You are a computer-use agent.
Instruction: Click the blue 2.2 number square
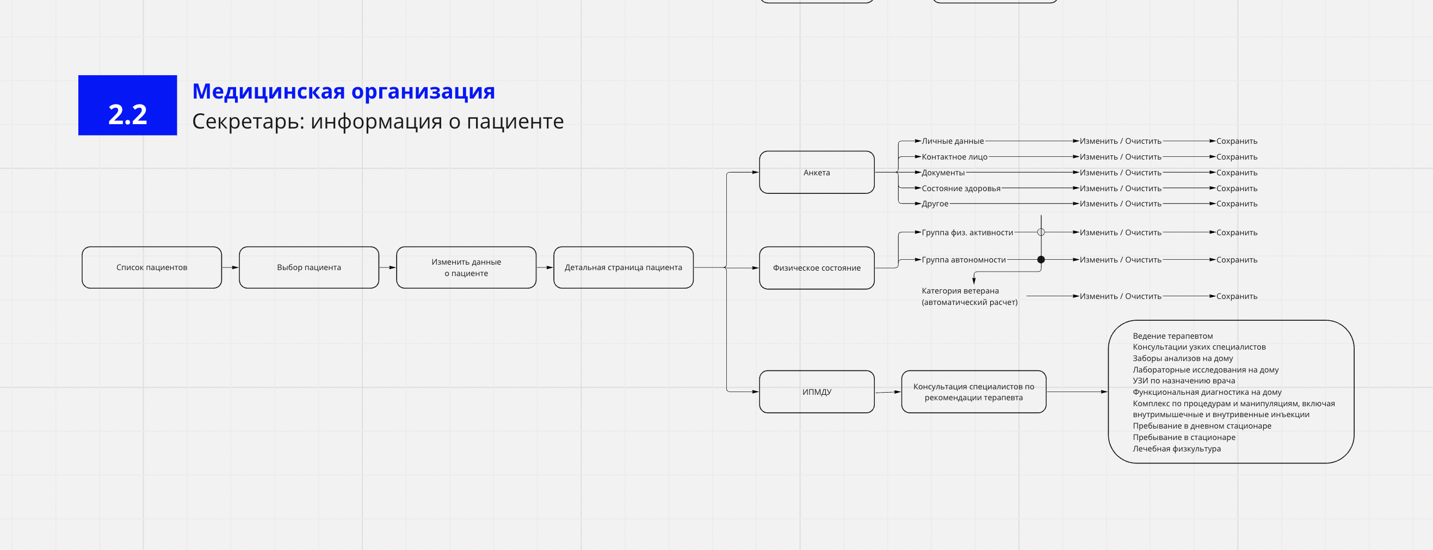[x=127, y=105]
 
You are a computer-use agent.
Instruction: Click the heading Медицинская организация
[x=343, y=91]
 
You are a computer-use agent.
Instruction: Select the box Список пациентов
[x=152, y=268]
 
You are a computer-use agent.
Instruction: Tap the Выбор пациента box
[x=308, y=268]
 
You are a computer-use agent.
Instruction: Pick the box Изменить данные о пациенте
[x=466, y=268]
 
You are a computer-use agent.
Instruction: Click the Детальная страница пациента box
[x=623, y=268]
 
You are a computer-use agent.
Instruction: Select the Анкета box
[x=817, y=173]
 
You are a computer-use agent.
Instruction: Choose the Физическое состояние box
[x=817, y=268]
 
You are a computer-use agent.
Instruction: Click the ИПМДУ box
[x=817, y=392]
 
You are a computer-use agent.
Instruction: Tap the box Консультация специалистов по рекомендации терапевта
[x=973, y=392]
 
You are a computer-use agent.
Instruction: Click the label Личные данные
[x=953, y=142]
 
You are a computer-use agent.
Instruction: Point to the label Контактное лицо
[x=955, y=157]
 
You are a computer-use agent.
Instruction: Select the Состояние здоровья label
[x=961, y=189]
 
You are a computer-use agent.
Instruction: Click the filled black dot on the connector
[x=1041, y=260]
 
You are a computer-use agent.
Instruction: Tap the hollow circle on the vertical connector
[x=1041, y=232]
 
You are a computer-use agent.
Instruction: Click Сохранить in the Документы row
[x=1237, y=173]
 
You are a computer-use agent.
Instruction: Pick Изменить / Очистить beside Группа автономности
[x=1120, y=260]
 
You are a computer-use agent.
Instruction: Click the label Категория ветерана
[x=960, y=291]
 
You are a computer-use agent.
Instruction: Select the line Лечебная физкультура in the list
[x=1177, y=449]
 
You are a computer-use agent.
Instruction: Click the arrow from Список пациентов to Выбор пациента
[x=230, y=268]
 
